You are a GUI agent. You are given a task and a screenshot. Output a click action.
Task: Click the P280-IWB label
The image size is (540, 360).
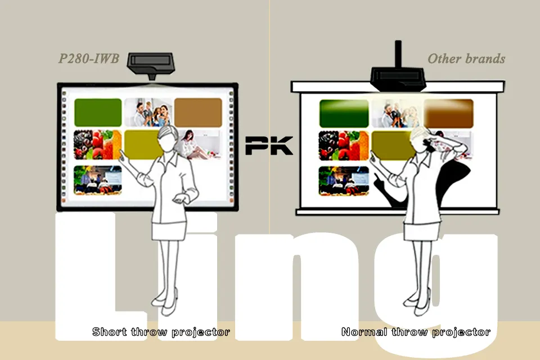pyautogui.click(x=89, y=58)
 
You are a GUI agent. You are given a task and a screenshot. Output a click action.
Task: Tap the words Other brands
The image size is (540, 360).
pyautogui.click(x=466, y=59)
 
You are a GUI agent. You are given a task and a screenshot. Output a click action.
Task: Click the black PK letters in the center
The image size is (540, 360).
pyautogui.click(x=269, y=145)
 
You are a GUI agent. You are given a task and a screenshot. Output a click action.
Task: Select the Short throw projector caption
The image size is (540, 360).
pyautogui.click(x=161, y=332)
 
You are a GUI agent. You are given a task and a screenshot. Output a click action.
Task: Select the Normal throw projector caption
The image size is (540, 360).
pyautogui.click(x=416, y=332)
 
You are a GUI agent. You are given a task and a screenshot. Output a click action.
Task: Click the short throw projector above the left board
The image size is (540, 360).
pyautogui.click(x=151, y=65)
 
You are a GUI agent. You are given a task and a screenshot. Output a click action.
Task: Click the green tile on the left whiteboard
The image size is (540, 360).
pyautogui.click(x=98, y=112)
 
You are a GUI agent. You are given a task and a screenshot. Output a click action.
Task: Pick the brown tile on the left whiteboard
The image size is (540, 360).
pyautogui.click(x=198, y=112)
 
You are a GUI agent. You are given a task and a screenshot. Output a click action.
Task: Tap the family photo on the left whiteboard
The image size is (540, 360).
pyautogui.click(x=148, y=112)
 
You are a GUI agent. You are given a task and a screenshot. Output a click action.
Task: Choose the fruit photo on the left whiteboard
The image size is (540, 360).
pyautogui.click(x=97, y=145)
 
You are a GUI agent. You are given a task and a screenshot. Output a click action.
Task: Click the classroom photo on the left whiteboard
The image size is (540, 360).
pyautogui.click(x=98, y=180)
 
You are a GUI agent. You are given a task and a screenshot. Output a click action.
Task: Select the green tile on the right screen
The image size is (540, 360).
pyautogui.click(x=344, y=114)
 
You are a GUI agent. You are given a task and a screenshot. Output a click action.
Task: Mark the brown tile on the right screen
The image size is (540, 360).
pyautogui.click(x=448, y=114)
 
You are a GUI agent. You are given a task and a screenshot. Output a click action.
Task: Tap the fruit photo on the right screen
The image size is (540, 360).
pyautogui.click(x=344, y=146)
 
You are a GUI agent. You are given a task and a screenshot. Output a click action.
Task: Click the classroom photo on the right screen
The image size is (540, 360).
pyautogui.click(x=344, y=181)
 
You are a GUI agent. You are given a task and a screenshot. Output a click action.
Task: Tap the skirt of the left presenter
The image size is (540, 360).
pyautogui.click(x=168, y=231)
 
